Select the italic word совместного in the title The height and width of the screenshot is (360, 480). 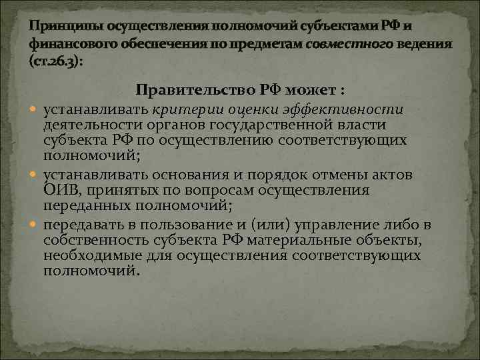pyautogui.click(x=340, y=43)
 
